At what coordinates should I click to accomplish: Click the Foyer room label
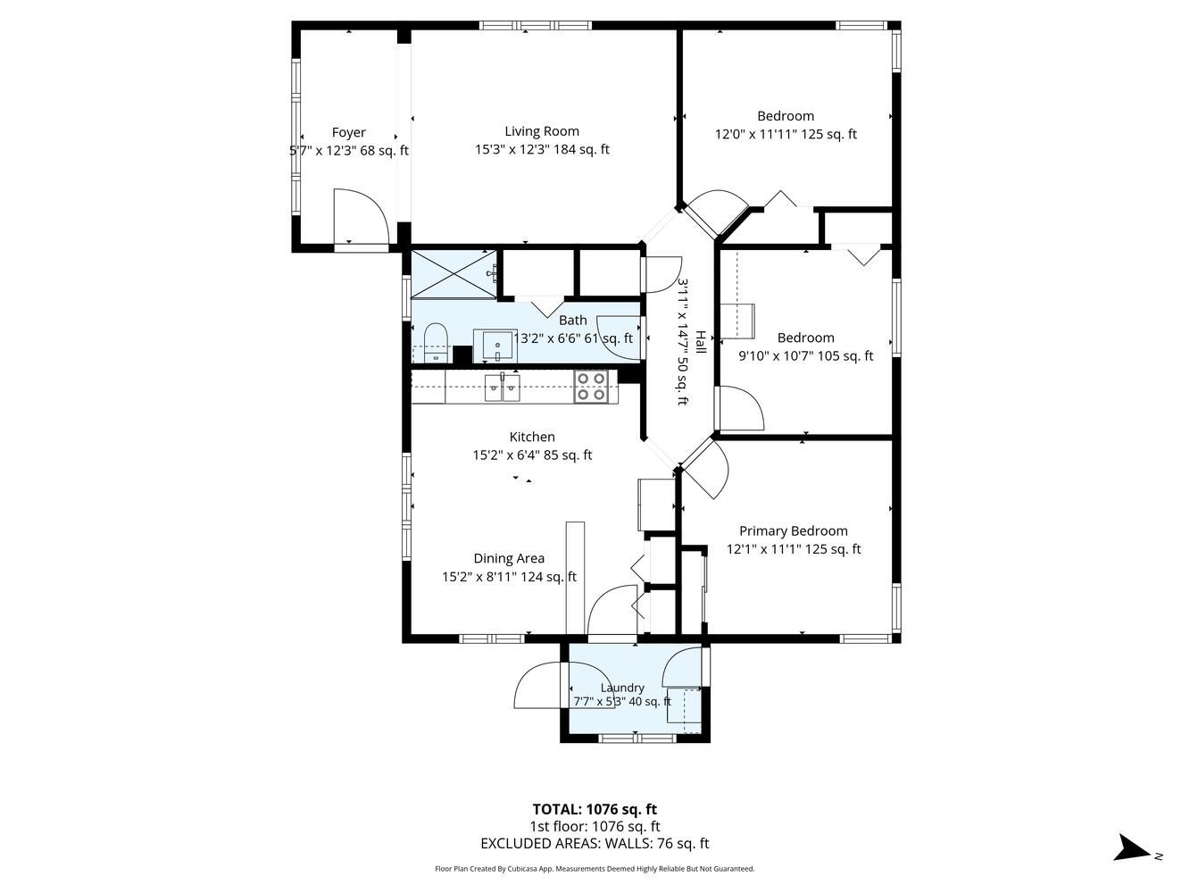pyautogui.click(x=348, y=132)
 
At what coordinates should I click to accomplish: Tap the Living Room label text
pyautogui.click(x=542, y=131)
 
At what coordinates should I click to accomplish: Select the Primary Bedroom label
pyautogui.click(x=793, y=530)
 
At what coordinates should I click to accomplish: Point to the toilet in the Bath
pyautogui.click(x=435, y=342)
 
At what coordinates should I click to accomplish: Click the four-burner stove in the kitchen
pyautogui.click(x=590, y=387)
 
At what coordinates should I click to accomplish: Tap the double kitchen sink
pyautogui.click(x=502, y=388)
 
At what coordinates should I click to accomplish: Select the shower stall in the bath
pyautogui.click(x=454, y=274)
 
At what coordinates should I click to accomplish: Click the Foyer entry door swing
pyautogui.click(x=361, y=217)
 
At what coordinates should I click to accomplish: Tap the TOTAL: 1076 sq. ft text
pyautogui.click(x=595, y=809)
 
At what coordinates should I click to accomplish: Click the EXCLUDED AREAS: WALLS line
pyautogui.click(x=595, y=843)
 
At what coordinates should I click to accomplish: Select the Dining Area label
pyautogui.click(x=509, y=558)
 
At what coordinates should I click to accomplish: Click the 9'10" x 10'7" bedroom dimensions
pyautogui.click(x=805, y=355)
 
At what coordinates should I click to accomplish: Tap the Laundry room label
pyautogui.click(x=622, y=688)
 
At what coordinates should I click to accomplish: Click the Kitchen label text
pyautogui.click(x=532, y=437)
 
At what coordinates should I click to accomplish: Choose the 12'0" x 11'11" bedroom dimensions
pyautogui.click(x=786, y=134)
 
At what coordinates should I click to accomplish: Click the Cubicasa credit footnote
pyautogui.click(x=595, y=869)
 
